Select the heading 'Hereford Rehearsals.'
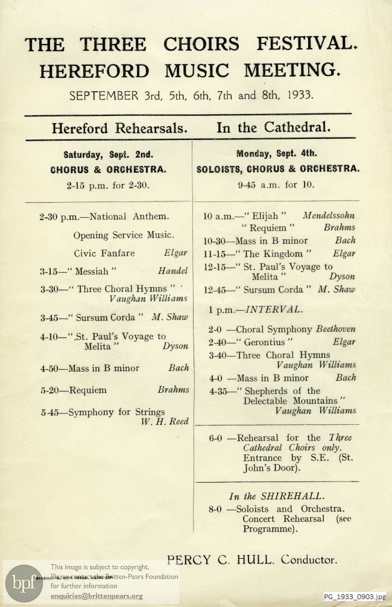point(119,128)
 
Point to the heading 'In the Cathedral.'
point(273,128)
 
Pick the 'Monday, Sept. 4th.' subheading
point(276,154)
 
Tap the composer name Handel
point(172,272)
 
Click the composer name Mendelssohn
point(329,215)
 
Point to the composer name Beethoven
point(335,329)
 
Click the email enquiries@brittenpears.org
point(96,597)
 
